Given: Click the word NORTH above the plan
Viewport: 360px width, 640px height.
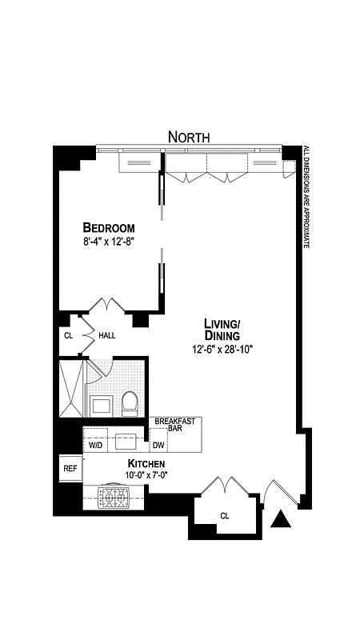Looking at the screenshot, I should pos(189,137).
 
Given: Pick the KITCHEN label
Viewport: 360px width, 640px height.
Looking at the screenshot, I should pos(146,464).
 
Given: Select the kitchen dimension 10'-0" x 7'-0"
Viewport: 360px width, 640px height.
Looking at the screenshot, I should pos(146,475).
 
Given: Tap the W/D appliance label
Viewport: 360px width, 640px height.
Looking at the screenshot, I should pos(94,445).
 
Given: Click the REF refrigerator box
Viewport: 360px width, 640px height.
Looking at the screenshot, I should pos(70,469).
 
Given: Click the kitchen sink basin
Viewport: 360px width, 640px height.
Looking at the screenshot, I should pos(126,441).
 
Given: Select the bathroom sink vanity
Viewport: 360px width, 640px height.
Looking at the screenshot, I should pos(102,404).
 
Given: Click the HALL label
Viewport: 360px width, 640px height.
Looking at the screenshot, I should pos(106,335).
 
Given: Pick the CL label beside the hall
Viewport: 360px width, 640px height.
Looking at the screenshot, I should pos(68,335).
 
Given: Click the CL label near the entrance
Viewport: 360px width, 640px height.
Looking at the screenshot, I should pos(225,517).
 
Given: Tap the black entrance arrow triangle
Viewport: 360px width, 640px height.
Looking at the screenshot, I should pos(280,520).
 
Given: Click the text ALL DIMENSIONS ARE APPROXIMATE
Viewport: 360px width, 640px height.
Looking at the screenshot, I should pos(306,197).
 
